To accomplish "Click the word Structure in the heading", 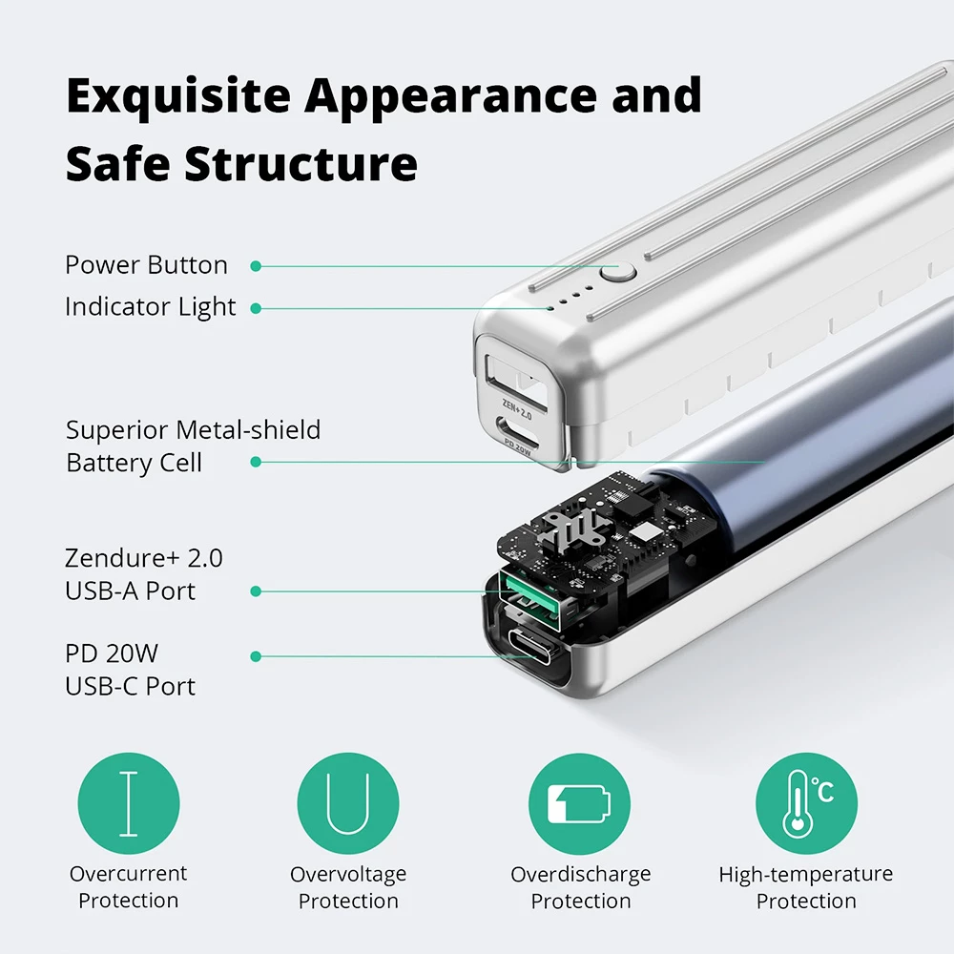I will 301,163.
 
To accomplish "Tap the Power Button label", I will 146,265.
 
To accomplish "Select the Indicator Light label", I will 150,307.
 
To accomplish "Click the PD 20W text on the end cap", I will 515,449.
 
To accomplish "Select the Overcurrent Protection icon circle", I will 129,803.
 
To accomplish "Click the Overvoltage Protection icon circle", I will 348,803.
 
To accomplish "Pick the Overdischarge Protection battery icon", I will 579,803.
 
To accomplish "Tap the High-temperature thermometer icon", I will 806,803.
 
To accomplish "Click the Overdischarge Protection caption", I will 580,887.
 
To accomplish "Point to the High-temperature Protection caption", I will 806,887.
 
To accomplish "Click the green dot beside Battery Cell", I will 256,462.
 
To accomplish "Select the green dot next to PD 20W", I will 256,656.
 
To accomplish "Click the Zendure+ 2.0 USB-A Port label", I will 143,573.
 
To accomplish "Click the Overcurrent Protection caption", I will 129,887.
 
